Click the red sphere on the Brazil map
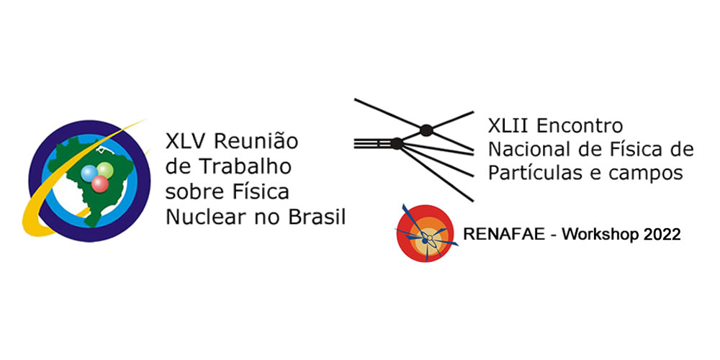pos(100,184)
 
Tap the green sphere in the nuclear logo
pos(106,171)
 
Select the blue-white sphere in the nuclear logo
pos(91,173)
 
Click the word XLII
pos(508,126)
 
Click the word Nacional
pos(524,150)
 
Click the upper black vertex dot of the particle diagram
pos(426,130)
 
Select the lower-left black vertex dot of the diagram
pos(396,143)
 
